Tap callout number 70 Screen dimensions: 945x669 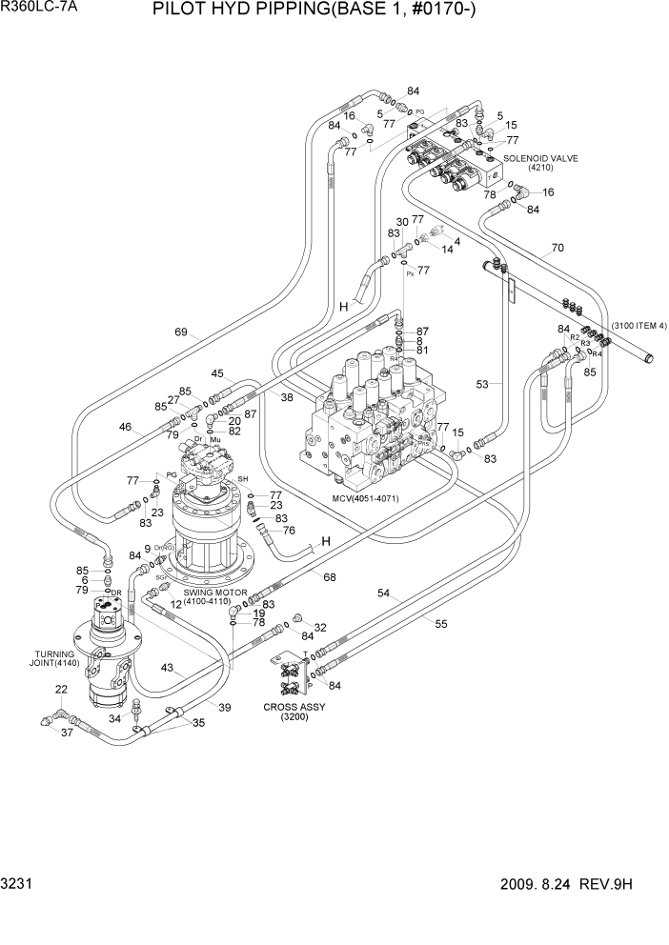(x=557, y=248)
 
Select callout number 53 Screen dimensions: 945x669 (x=482, y=384)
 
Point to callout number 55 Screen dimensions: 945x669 (x=440, y=625)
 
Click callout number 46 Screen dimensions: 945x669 (x=125, y=427)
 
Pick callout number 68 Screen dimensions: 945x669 (x=329, y=577)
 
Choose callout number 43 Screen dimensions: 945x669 (x=167, y=669)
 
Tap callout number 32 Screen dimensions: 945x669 (x=320, y=628)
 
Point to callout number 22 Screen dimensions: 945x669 (x=60, y=689)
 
